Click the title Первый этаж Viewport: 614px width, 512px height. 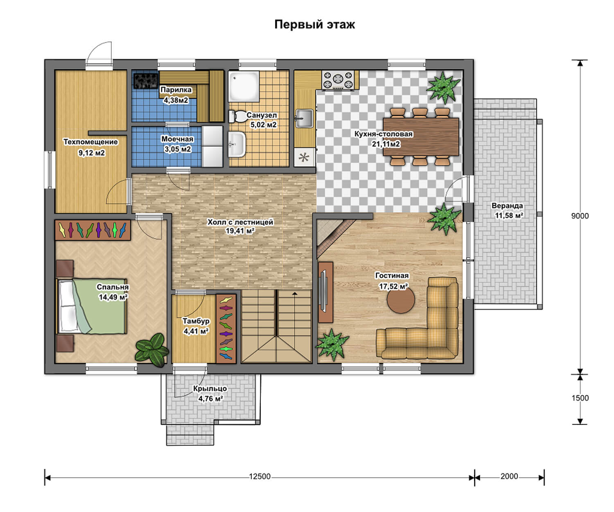click(x=314, y=25)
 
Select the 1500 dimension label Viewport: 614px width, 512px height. click(x=580, y=398)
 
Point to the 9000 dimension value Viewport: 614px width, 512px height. click(x=580, y=216)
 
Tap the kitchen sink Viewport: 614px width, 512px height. click(x=304, y=118)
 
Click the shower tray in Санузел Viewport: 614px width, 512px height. click(x=244, y=86)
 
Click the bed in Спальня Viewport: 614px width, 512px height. click(x=92, y=306)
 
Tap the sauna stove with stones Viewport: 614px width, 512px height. click(x=146, y=81)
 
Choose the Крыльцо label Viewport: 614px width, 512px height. click(x=210, y=388)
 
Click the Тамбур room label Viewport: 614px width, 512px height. click(x=196, y=321)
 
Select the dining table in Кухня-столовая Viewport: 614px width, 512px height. click(x=421, y=136)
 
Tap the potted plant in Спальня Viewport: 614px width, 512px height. click(x=152, y=350)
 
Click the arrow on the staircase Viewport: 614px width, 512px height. click(x=295, y=293)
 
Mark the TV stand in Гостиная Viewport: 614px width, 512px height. click(x=326, y=292)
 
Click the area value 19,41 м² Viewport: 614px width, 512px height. click(x=240, y=231)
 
